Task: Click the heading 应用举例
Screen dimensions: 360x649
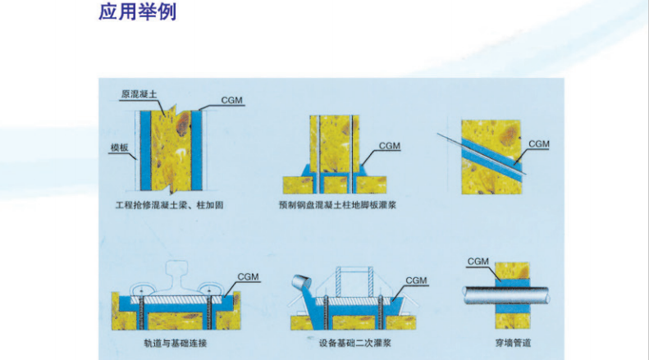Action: (137, 13)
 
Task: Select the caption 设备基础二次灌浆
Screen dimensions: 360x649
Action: (349, 340)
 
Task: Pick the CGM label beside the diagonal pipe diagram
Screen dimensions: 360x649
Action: (538, 144)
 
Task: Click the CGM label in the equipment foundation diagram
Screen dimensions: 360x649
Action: (416, 280)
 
